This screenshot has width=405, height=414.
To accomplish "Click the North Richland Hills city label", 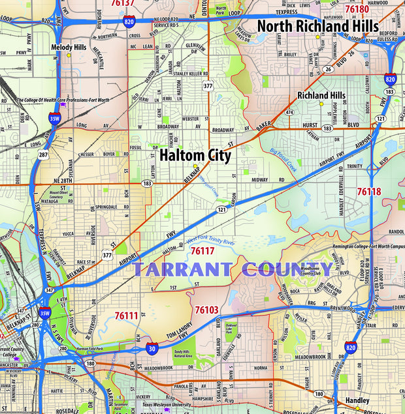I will [x=317, y=25].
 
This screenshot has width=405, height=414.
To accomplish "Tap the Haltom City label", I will [x=195, y=155].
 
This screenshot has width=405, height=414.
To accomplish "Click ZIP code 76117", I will [x=202, y=250].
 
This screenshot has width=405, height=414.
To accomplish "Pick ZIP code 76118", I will [x=368, y=191].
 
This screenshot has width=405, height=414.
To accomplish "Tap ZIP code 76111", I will [x=126, y=316].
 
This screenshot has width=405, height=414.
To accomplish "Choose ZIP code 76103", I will [x=206, y=310].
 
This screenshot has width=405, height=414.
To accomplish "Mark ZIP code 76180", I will [x=357, y=9].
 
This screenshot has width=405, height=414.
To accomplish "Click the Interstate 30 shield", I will [x=152, y=349].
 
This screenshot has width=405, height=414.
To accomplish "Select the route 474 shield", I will [x=289, y=112].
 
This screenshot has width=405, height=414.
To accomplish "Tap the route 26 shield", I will [x=329, y=68].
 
